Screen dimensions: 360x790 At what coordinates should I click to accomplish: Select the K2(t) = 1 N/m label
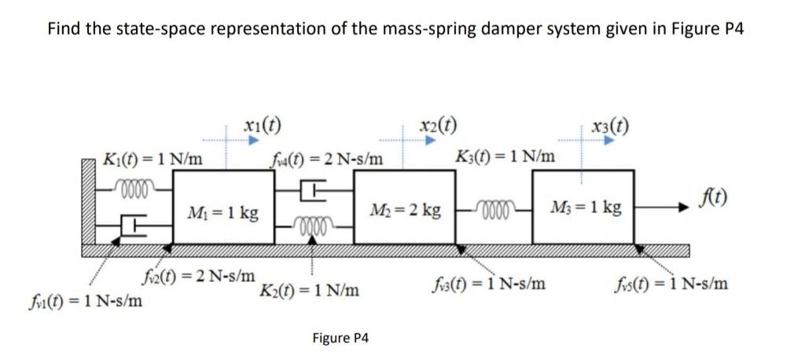pos(310,290)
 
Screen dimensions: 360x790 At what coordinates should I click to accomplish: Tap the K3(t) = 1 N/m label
pos(505,157)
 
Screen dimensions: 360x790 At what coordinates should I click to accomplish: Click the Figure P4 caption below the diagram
pos(340,338)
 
